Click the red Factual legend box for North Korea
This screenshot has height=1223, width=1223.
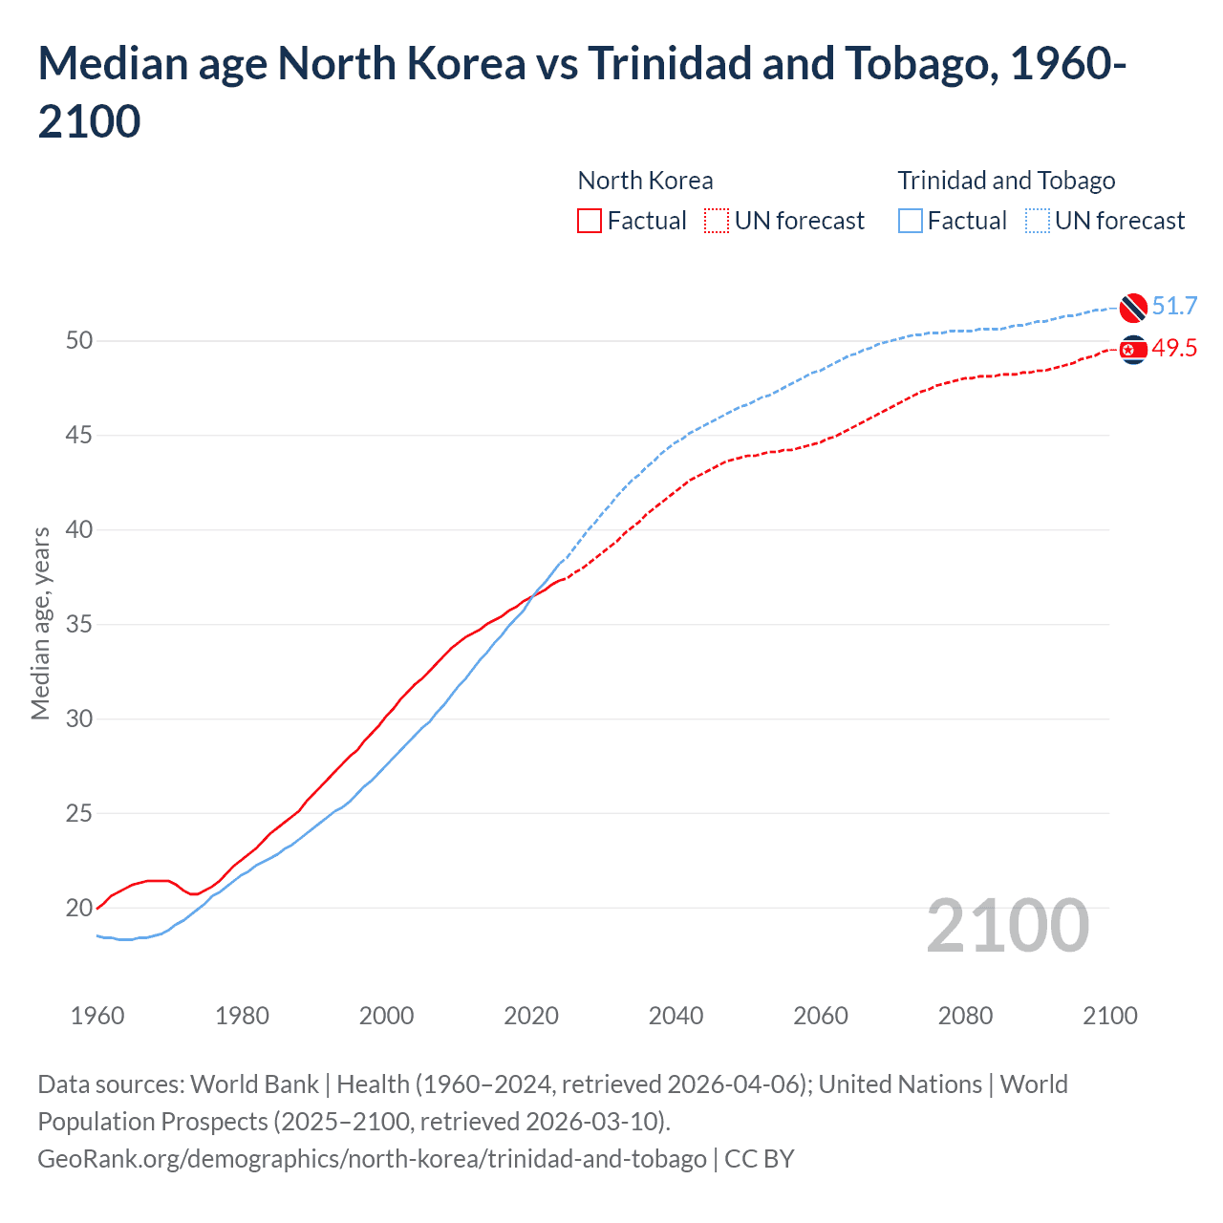590,221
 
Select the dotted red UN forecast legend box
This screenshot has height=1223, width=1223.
717,221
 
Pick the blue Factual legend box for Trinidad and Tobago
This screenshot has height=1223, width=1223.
911,221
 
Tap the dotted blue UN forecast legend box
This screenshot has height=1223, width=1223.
1038,221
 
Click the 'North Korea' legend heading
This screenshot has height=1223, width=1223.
645,181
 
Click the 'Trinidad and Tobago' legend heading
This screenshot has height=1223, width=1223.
1006,181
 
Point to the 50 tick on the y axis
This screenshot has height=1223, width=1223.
79,341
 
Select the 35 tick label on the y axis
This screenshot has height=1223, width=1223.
79,625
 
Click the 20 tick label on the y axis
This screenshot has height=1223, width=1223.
79,908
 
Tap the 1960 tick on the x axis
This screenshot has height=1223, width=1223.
97,1016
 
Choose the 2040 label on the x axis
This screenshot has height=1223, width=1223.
676,1016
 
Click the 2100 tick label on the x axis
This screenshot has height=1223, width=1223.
1109,1016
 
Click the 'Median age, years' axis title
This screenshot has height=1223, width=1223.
40,623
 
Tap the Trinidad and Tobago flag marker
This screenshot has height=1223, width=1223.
1133,307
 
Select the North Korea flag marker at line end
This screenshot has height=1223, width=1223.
1133,350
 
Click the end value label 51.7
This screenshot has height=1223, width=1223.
1174,307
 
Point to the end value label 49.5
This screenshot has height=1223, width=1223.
1174,349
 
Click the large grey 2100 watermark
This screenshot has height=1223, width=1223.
1007,926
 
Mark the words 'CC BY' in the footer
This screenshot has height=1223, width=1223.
760,1159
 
